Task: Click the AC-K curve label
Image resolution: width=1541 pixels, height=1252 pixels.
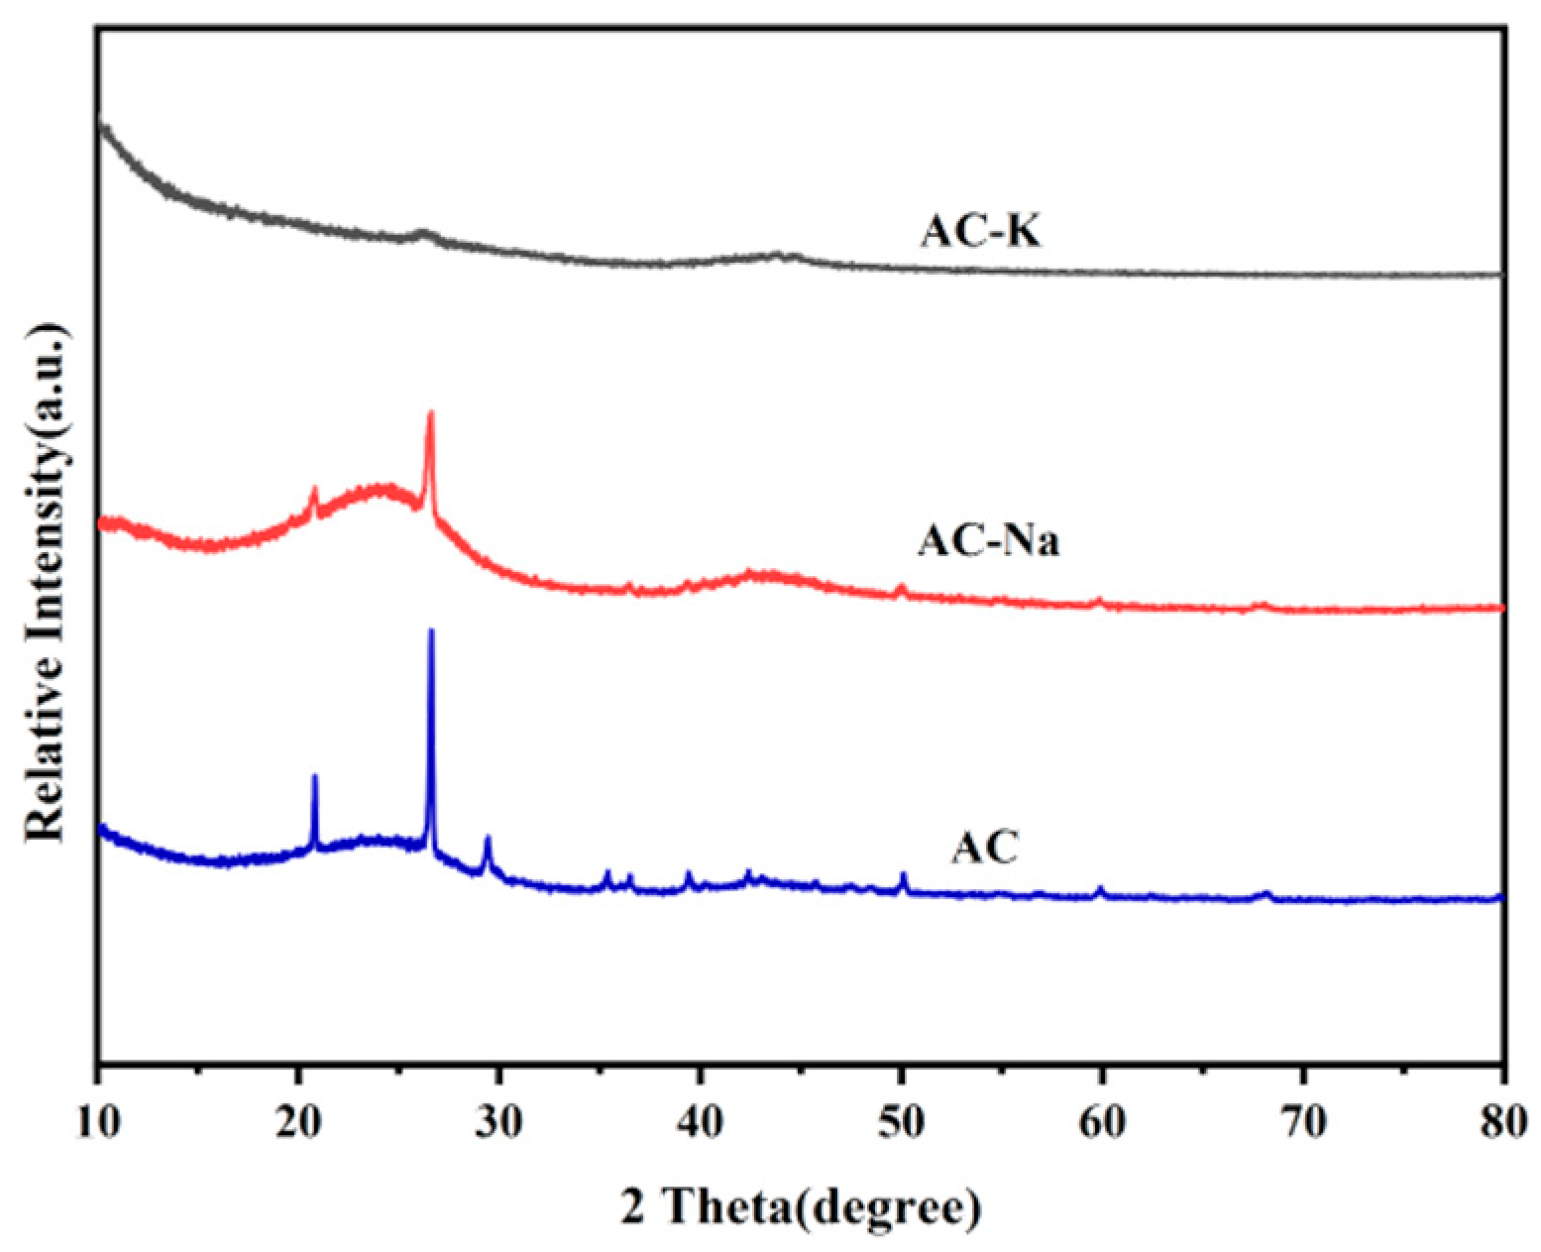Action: pos(981,233)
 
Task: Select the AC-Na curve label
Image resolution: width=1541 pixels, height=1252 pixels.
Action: pos(988,541)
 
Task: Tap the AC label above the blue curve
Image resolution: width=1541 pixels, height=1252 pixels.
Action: pos(985,849)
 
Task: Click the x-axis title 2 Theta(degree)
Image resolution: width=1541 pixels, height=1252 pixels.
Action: pos(802,1208)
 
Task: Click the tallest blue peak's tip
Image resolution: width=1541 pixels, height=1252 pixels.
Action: pos(431,630)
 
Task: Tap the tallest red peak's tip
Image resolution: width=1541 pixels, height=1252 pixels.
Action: pos(430,412)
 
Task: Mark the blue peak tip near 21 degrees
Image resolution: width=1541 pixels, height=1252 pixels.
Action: pos(315,776)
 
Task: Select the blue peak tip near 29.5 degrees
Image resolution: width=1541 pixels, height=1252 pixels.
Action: pos(487,839)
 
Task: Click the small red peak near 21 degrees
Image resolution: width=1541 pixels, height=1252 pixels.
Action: pos(315,489)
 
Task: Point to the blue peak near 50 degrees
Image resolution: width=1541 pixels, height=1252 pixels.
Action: pos(903,874)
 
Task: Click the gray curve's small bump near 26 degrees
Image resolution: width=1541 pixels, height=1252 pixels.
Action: pos(423,234)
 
